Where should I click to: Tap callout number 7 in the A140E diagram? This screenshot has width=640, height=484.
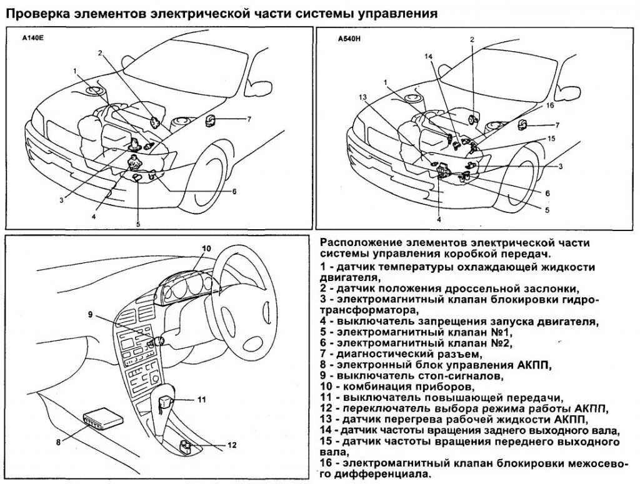(x=249, y=118)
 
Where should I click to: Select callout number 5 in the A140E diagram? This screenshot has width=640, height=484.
(x=138, y=224)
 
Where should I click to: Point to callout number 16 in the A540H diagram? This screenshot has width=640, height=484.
(x=550, y=106)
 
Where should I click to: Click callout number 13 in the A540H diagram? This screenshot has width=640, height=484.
(x=362, y=97)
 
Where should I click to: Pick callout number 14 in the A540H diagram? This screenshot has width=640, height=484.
(x=428, y=57)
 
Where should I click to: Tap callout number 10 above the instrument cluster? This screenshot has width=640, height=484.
(x=207, y=249)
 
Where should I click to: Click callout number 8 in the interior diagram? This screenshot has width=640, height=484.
(x=58, y=442)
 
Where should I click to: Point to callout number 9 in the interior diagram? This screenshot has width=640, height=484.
(x=90, y=315)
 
